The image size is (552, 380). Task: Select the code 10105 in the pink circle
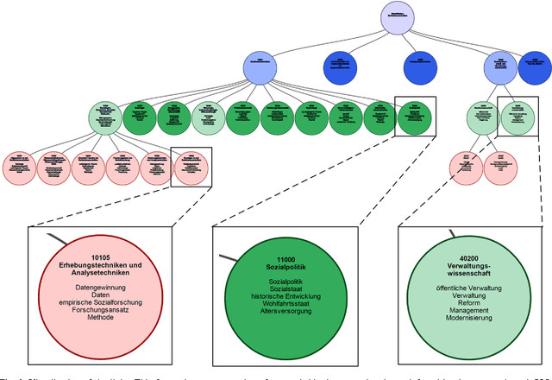(101, 257)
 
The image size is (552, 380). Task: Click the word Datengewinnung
(101, 286)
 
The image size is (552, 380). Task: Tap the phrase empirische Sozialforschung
(101, 301)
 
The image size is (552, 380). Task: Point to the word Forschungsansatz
(101, 309)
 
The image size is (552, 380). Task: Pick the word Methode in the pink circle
(101, 317)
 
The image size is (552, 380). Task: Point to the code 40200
(468, 258)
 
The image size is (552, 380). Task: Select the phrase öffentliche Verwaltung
(468, 287)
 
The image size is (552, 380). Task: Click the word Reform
(468, 302)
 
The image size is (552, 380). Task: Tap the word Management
(468, 310)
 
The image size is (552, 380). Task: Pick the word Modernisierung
(468, 318)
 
